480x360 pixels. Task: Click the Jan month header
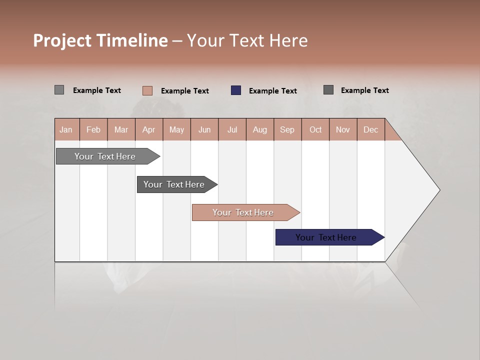coord(66,129)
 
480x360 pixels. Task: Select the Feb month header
coord(93,129)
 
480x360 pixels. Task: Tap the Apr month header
coord(149,129)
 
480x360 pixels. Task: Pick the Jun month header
coord(204,129)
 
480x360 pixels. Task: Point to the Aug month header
coord(260,129)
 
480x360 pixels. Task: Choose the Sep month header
coord(287,129)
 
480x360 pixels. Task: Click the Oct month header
coord(315,129)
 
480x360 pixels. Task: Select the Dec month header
coord(371,129)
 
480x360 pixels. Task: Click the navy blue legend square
coord(236,90)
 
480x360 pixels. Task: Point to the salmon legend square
coord(147,90)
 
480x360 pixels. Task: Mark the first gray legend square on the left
coord(59,90)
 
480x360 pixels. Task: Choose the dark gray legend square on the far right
coord(328,90)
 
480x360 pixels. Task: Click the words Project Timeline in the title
coord(100,40)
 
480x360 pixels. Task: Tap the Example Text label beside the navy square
coord(273,91)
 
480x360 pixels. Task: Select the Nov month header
coord(343,129)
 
